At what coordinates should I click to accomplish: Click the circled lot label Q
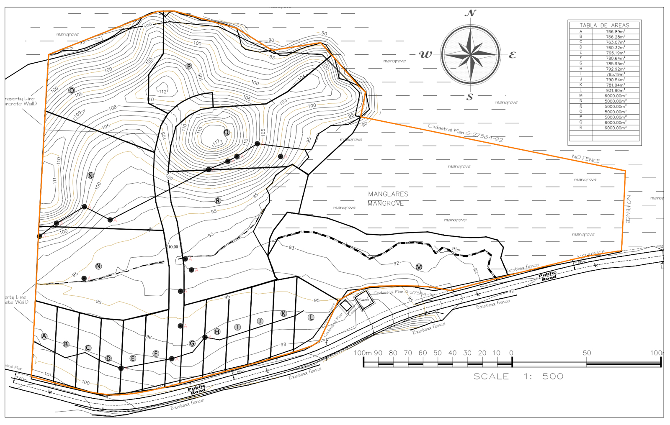point(227,133)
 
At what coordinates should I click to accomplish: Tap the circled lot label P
point(189,67)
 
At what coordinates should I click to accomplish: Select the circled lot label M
point(419,267)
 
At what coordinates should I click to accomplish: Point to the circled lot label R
point(218,201)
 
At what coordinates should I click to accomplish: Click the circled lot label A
point(44,336)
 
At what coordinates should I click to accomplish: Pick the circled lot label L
point(311,317)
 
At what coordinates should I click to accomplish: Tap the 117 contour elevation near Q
point(216,143)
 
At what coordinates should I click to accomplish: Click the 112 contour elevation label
point(162,92)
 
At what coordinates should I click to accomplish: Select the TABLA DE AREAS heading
point(604,26)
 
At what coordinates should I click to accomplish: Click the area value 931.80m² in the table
point(615,90)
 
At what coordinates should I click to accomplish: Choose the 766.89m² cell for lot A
point(615,31)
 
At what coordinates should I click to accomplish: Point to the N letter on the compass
point(470,13)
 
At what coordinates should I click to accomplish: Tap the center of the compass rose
point(470,55)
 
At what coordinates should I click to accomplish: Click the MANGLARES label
point(388,194)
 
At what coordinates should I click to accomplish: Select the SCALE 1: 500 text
point(518,376)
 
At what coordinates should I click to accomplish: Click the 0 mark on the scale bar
point(511,353)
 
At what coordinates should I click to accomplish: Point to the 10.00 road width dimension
point(173,247)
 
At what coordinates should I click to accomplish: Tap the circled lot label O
point(72,90)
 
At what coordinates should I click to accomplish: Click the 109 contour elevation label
point(77,114)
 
